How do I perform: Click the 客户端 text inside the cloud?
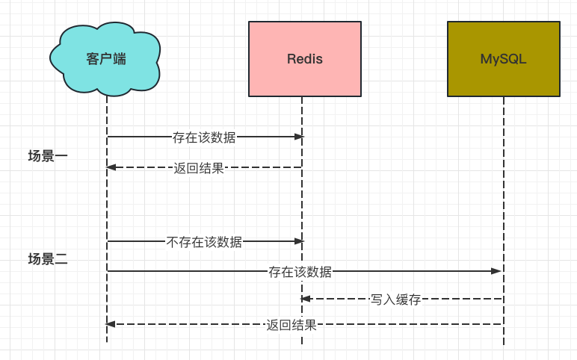106,59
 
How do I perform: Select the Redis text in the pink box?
305,59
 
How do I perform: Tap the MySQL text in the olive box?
503,59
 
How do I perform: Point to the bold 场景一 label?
48,156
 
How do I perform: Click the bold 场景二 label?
48,259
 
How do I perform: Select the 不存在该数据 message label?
204,241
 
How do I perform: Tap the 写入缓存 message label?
395,300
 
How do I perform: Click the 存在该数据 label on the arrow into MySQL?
300,271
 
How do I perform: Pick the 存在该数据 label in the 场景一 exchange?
204,137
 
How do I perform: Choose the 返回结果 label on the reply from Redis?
199,168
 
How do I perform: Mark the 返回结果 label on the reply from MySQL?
291,325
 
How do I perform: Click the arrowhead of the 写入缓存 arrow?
306,299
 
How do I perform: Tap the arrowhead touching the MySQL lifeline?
496,271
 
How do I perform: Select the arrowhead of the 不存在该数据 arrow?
299,241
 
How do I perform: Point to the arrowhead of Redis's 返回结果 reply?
111,167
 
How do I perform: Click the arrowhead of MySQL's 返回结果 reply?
111,324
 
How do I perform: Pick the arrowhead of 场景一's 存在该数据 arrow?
299,137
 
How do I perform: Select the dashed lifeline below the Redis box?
302,202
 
